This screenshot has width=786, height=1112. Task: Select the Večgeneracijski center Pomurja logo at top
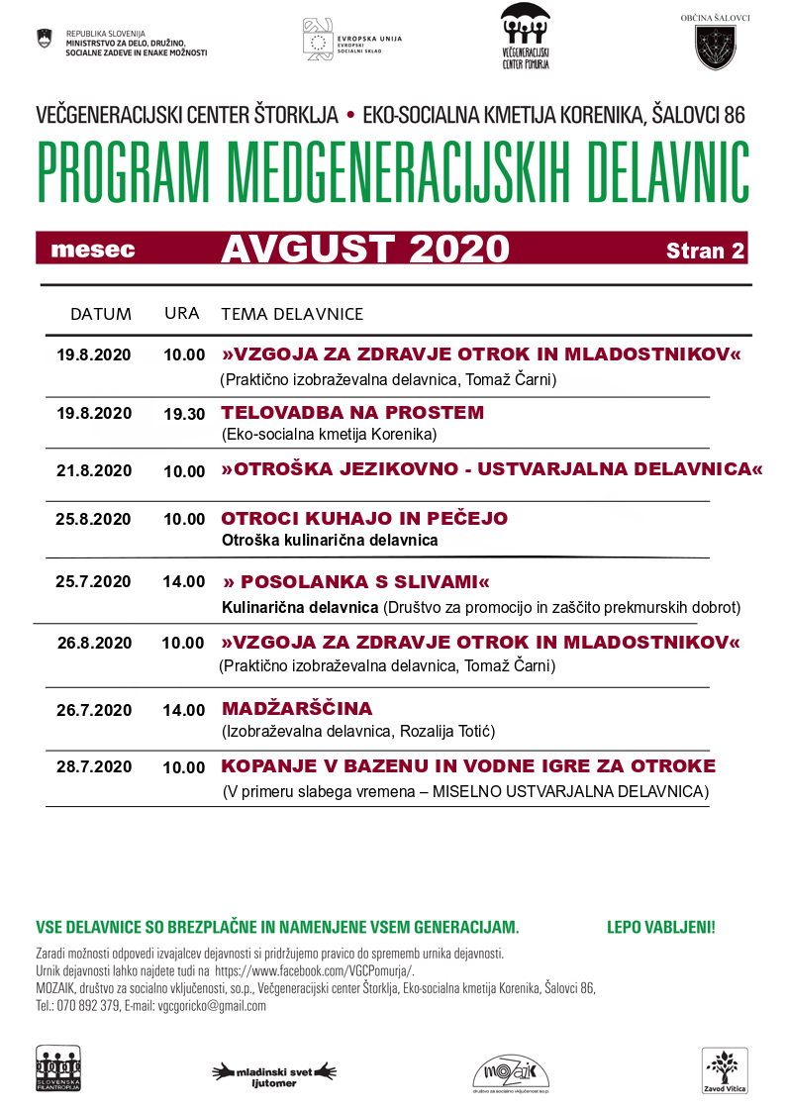coord(525,37)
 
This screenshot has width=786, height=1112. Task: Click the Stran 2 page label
coord(705,251)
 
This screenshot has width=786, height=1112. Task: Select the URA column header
coord(182,314)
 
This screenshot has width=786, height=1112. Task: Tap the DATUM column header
coord(101,315)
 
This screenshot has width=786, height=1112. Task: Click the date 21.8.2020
coord(94,470)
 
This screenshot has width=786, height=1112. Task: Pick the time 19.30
coord(184,414)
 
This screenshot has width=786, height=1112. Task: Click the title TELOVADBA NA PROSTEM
coord(352,412)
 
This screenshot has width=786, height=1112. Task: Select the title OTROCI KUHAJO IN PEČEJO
coord(364,519)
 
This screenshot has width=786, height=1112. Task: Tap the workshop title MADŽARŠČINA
coord(297,709)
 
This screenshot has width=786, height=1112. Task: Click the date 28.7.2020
coord(94,766)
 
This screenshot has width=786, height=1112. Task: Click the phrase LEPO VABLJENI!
coord(660,928)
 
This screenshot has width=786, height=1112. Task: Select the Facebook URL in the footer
coord(314,970)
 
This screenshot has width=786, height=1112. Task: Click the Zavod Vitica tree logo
coord(725,1070)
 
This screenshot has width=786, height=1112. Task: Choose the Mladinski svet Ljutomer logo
coord(275,1073)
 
